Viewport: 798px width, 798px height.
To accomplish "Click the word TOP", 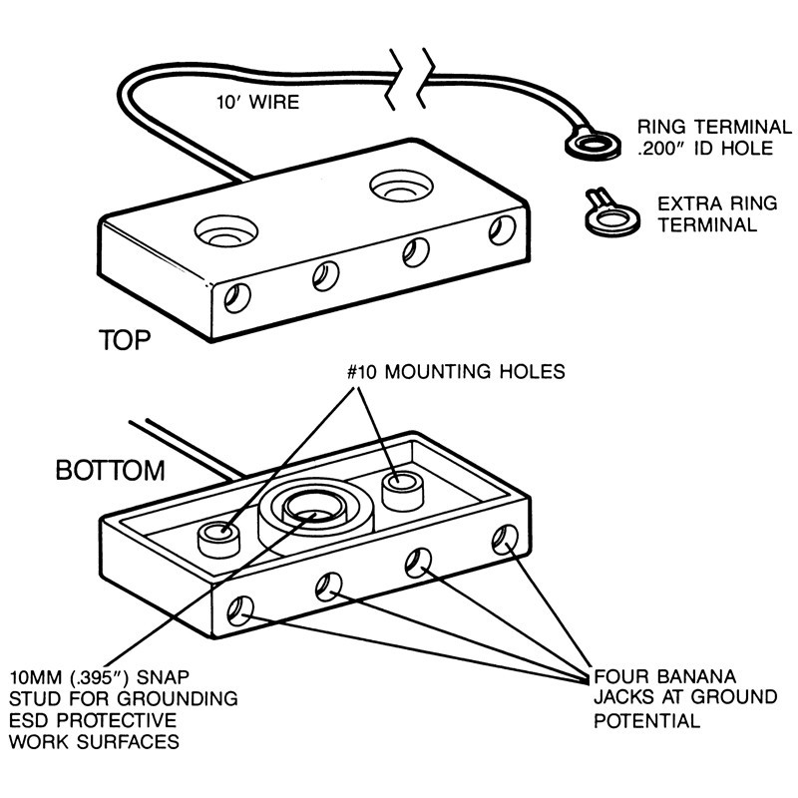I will (x=124, y=340).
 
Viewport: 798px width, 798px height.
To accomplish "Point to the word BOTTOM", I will (x=110, y=470).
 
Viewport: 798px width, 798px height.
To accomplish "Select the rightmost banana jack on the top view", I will (x=501, y=231).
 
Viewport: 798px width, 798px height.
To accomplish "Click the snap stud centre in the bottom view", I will (x=313, y=512).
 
